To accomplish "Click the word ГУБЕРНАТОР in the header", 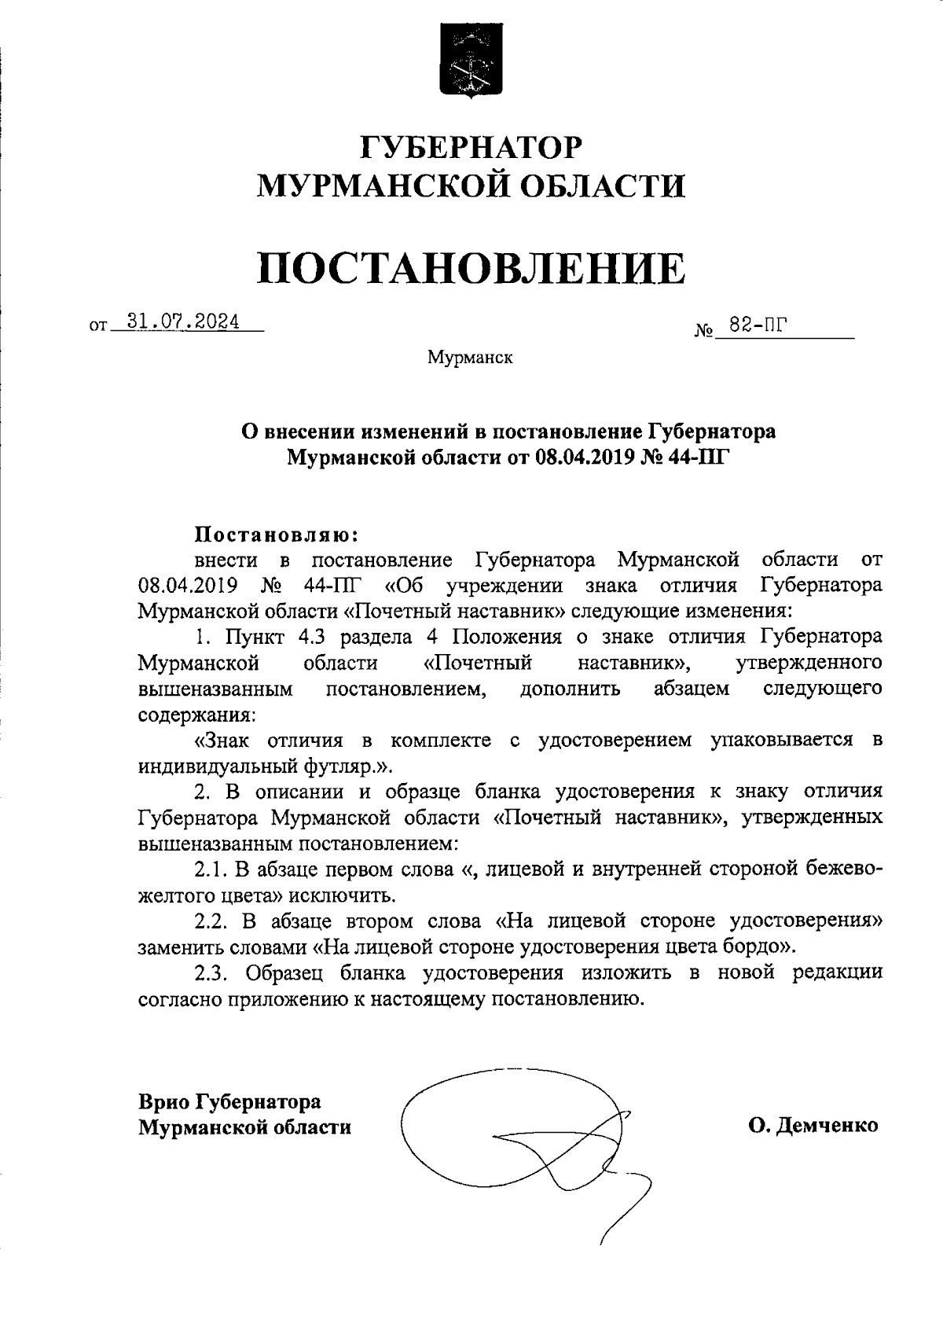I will [472, 147].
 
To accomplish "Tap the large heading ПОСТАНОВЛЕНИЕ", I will [472, 267].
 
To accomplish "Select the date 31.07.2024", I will [187, 322].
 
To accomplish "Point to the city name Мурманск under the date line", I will [470, 358].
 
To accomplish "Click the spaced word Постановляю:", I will [276, 535].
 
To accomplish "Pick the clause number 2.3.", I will [210, 972].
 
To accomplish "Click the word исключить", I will [341, 895].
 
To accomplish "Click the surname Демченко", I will [827, 1127].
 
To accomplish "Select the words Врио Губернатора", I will [229, 1101].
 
